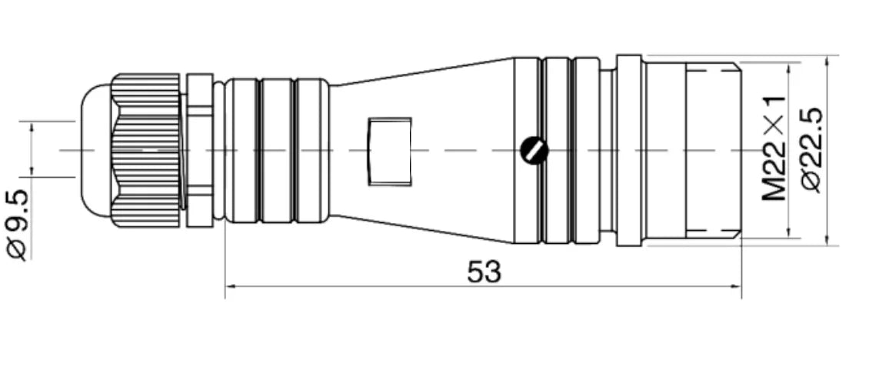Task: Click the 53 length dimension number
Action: pyautogui.click(x=484, y=272)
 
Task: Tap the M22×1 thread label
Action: pyautogui.click(x=774, y=148)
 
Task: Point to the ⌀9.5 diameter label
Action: pyautogui.click(x=17, y=225)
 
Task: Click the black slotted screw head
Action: pyautogui.click(x=534, y=150)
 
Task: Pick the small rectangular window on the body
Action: pyautogui.click(x=390, y=152)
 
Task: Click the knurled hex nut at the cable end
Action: pyautogui.click(x=146, y=150)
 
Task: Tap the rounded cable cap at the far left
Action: pyautogui.click(x=96, y=150)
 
